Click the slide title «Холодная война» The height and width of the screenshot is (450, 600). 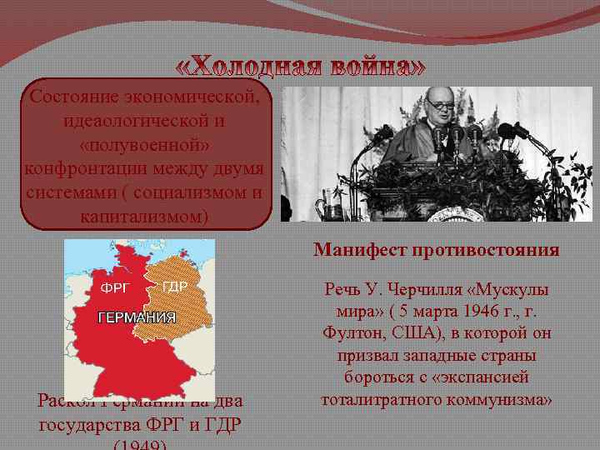click(302, 67)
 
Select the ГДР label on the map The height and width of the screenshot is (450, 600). click(174, 287)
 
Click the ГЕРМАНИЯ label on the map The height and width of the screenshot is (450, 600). click(137, 317)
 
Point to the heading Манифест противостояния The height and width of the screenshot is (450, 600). click(437, 250)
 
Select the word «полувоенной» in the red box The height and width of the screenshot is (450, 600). click(146, 145)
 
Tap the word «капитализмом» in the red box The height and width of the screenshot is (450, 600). click(146, 217)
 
